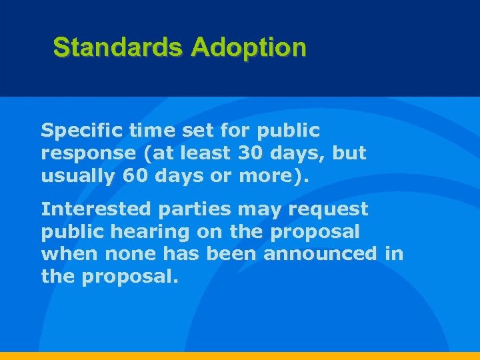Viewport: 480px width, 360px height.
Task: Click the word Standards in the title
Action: point(118,48)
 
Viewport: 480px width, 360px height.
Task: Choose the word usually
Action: point(76,177)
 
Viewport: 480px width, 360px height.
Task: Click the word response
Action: point(87,154)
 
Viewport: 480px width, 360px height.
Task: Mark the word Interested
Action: point(96,209)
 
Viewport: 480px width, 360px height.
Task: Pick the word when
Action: point(65,254)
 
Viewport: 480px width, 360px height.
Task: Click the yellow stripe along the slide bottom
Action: point(240,356)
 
